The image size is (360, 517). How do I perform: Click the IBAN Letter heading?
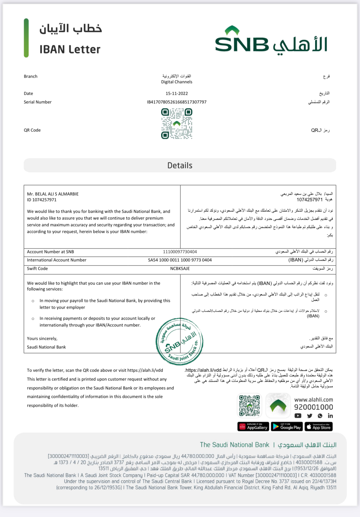click(x=70, y=50)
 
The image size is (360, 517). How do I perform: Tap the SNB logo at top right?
click(x=271, y=41)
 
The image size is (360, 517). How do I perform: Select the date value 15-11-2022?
click(x=177, y=94)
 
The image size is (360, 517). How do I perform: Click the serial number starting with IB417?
click(x=177, y=102)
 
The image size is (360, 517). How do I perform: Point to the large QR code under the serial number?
click(x=177, y=124)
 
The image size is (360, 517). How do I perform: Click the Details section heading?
click(x=180, y=165)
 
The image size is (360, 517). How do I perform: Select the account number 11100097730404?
click(x=180, y=252)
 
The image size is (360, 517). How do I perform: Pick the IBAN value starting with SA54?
click(x=180, y=260)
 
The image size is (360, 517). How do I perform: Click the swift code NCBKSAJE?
click(x=180, y=269)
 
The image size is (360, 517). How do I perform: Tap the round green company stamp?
click(x=180, y=341)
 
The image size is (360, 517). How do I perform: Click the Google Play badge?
click(x=287, y=427)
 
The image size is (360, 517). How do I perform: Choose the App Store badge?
click(x=319, y=427)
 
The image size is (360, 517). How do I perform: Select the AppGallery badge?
click(x=253, y=427)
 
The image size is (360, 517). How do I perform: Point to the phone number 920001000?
click(x=314, y=407)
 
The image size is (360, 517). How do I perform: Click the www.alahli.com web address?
click(x=314, y=400)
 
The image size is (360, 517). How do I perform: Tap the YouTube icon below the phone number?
click(x=298, y=416)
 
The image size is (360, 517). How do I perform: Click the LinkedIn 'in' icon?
click(x=330, y=416)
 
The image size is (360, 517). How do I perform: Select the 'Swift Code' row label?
click(x=37, y=269)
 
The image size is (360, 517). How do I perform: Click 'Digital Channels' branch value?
click(x=177, y=82)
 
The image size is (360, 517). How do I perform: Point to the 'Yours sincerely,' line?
click(x=42, y=339)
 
